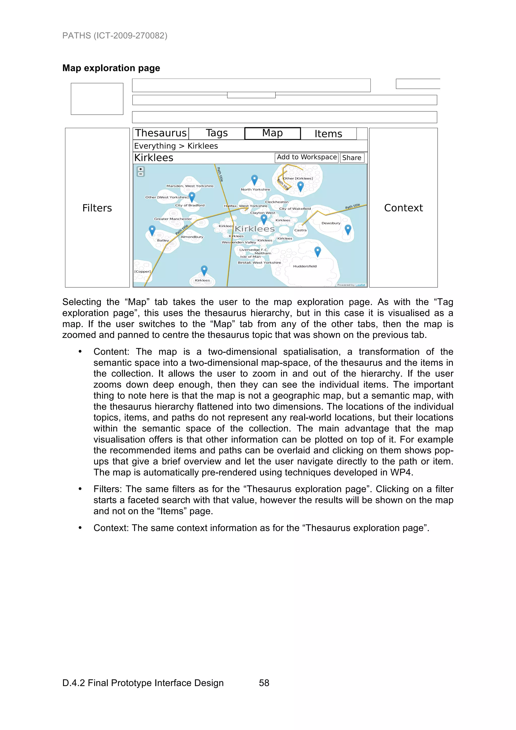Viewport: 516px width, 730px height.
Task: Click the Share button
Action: [x=352, y=158]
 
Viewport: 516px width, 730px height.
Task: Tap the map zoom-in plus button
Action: [x=141, y=169]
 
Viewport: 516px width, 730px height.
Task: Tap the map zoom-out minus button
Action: [x=141, y=174]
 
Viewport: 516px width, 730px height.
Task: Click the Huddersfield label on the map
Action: [x=305, y=266]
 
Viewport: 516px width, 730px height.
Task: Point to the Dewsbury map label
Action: [x=331, y=223]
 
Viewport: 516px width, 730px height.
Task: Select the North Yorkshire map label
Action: [x=255, y=189]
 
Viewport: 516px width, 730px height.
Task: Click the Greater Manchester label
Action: [x=173, y=219]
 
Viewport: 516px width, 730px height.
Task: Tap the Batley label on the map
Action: [x=163, y=240]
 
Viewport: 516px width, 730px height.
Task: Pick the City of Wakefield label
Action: [x=295, y=209]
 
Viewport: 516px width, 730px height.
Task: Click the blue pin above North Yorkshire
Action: [x=254, y=180]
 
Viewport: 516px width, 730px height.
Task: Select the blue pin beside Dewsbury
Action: [x=348, y=229]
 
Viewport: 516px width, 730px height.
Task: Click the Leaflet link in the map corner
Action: [x=360, y=285]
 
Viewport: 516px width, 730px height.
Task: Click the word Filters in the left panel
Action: [x=97, y=208]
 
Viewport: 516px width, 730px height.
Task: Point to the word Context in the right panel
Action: [x=403, y=208]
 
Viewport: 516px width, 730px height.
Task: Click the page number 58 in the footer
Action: [x=264, y=683]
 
